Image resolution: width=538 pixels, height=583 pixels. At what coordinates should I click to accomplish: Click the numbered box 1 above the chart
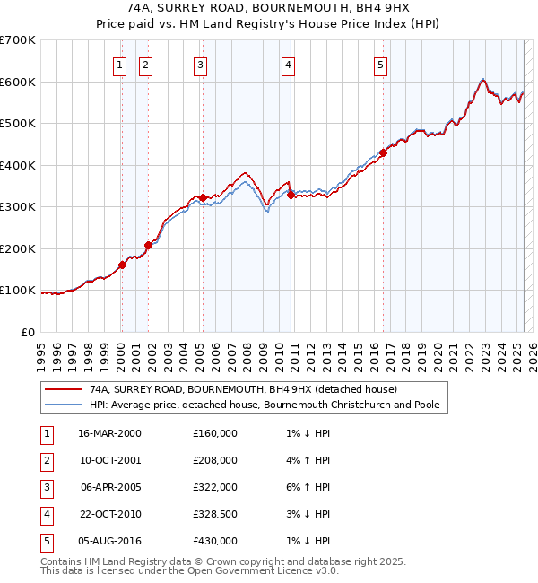point(120,65)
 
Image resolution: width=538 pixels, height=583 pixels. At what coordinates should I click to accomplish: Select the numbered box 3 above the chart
point(200,65)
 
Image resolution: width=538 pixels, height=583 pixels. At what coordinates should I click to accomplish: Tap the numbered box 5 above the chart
point(381,65)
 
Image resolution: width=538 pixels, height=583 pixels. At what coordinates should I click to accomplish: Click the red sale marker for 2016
point(383,152)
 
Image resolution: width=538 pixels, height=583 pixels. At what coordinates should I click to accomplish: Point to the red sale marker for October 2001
point(148,245)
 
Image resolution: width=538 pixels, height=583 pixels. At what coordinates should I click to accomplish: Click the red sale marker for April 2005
point(203,197)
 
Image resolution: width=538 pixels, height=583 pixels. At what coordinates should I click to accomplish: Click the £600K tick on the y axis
point(18,82)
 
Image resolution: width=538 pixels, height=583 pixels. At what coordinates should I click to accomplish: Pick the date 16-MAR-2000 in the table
point(109,433)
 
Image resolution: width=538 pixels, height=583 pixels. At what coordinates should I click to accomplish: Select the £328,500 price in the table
point(215,514)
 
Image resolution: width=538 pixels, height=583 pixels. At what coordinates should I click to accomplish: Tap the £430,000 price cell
point(215,541)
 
